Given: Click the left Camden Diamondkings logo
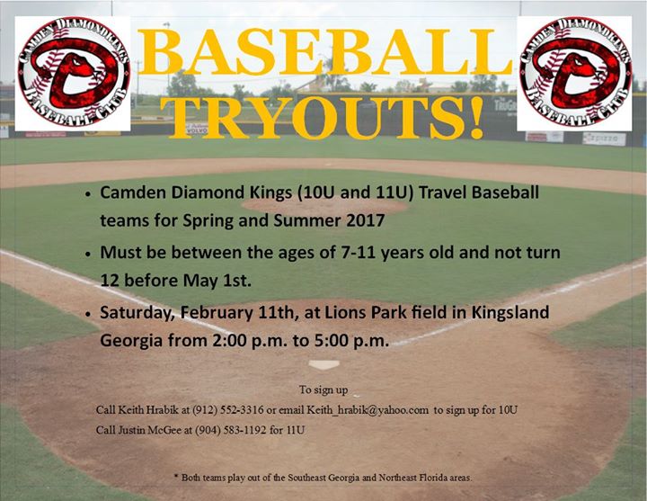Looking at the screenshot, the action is click(73, 74).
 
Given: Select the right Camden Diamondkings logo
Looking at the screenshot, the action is click(574, 74).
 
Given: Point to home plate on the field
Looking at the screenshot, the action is click(323, 364).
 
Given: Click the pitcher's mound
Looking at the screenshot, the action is click(323, 206).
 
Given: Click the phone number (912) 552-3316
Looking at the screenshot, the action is click(228, 410).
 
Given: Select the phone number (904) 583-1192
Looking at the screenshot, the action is click(231, 430).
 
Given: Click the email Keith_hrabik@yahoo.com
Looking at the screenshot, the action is click(368, 410).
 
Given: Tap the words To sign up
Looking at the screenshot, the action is click(323, 389).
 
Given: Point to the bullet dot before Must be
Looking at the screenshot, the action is click(87, 254).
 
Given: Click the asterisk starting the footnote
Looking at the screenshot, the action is click(177, 476).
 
